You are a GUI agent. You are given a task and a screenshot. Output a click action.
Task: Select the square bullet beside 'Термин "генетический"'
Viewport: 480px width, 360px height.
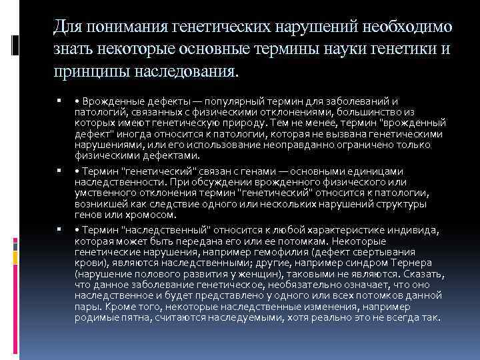point(60,171)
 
